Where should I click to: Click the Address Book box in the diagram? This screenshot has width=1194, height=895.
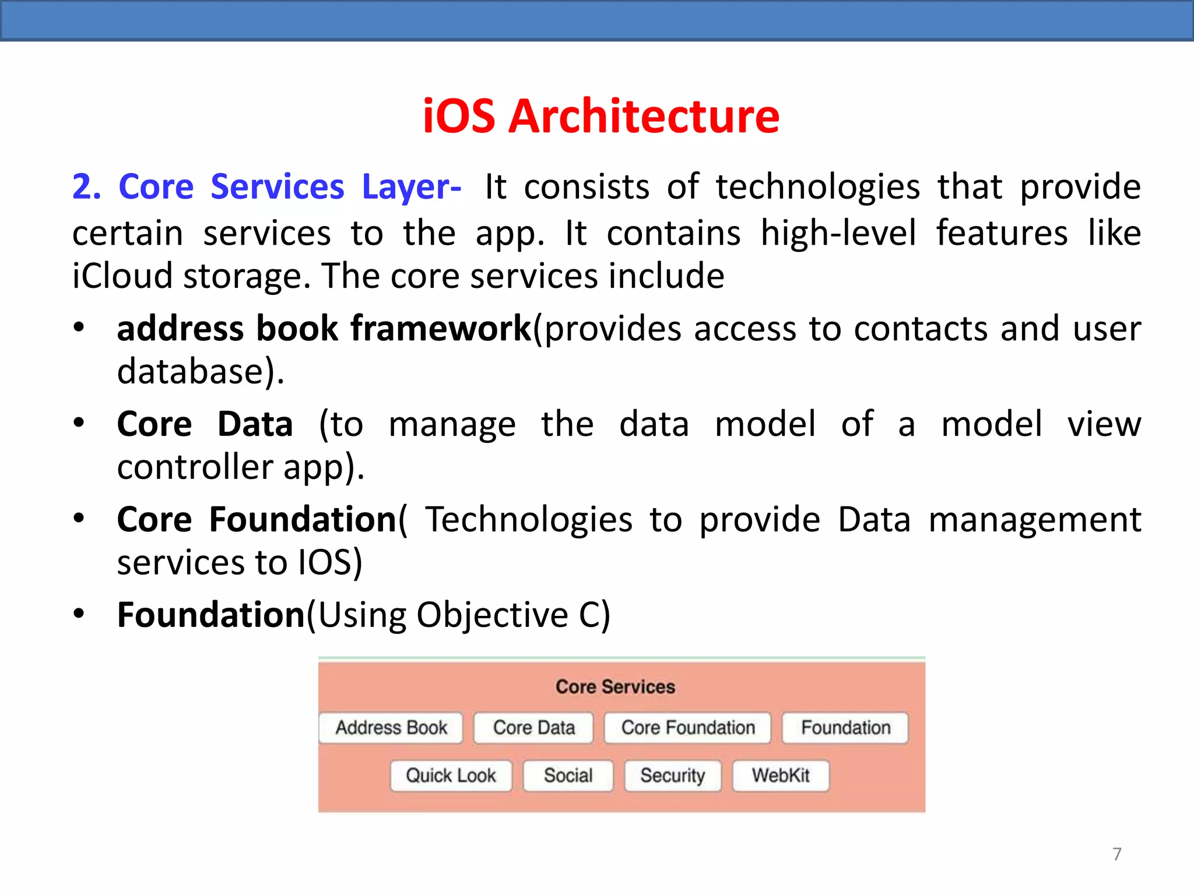point(391,728)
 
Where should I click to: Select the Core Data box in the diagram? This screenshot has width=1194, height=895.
point(533,728)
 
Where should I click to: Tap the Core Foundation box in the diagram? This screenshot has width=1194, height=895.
point(687,728)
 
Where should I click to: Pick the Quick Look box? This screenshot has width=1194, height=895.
point(451,776)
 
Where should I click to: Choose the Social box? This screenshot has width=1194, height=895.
point(568,776)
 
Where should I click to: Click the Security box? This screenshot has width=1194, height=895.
point(672,776)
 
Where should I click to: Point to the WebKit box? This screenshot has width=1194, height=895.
point(781,776)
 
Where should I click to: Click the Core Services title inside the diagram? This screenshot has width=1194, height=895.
point(615,687)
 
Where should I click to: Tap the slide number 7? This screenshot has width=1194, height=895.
point(1116,854)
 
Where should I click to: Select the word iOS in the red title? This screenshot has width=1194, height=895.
point(459,117)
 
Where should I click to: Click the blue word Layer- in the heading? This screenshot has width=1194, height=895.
point(412,188)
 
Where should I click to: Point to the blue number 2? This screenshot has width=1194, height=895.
point(86,188)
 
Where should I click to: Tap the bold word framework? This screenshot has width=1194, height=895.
point(441,329)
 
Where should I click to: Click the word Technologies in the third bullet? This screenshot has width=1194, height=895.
point(528,520)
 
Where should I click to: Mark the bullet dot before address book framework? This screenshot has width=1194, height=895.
point(79,328)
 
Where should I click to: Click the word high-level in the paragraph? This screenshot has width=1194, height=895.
point(838,234)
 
